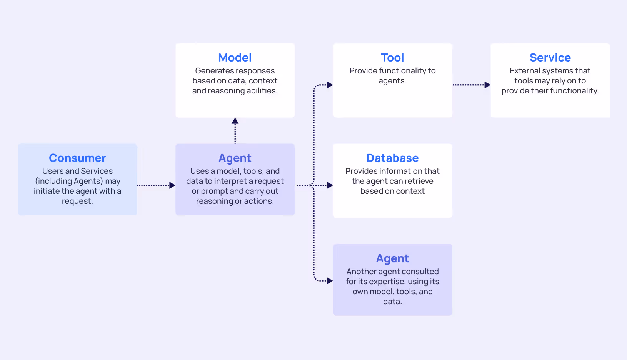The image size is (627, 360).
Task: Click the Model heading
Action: [x=235, y=58]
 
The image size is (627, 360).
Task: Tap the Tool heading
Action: [x=392, y=58]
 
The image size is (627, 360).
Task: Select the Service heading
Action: [x=550, y=58]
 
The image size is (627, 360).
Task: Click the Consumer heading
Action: [x=77, y=158]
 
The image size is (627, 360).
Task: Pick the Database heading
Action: [x=392, y=158]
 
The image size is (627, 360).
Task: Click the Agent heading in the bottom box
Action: [x=392, y=258]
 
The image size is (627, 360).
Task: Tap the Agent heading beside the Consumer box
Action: [x=235, y=158]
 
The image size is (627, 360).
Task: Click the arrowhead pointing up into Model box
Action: [x=235, y=121]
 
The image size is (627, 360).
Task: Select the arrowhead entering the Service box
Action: [x=487, y=85]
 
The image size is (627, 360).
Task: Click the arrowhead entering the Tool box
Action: [x=330, y=85]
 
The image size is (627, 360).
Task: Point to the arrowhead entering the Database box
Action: [x=330, y=185]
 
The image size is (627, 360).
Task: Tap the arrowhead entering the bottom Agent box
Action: [x=330, y=281]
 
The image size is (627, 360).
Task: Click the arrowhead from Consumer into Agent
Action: [x=172, y=185]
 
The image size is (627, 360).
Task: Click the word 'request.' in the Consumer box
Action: [x=77, y=201]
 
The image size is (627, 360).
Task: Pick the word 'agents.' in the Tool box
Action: [x=392, y=81]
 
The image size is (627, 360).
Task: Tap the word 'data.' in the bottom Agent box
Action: [x=392, y=302]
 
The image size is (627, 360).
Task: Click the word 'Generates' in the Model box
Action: [x=213, y=71]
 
